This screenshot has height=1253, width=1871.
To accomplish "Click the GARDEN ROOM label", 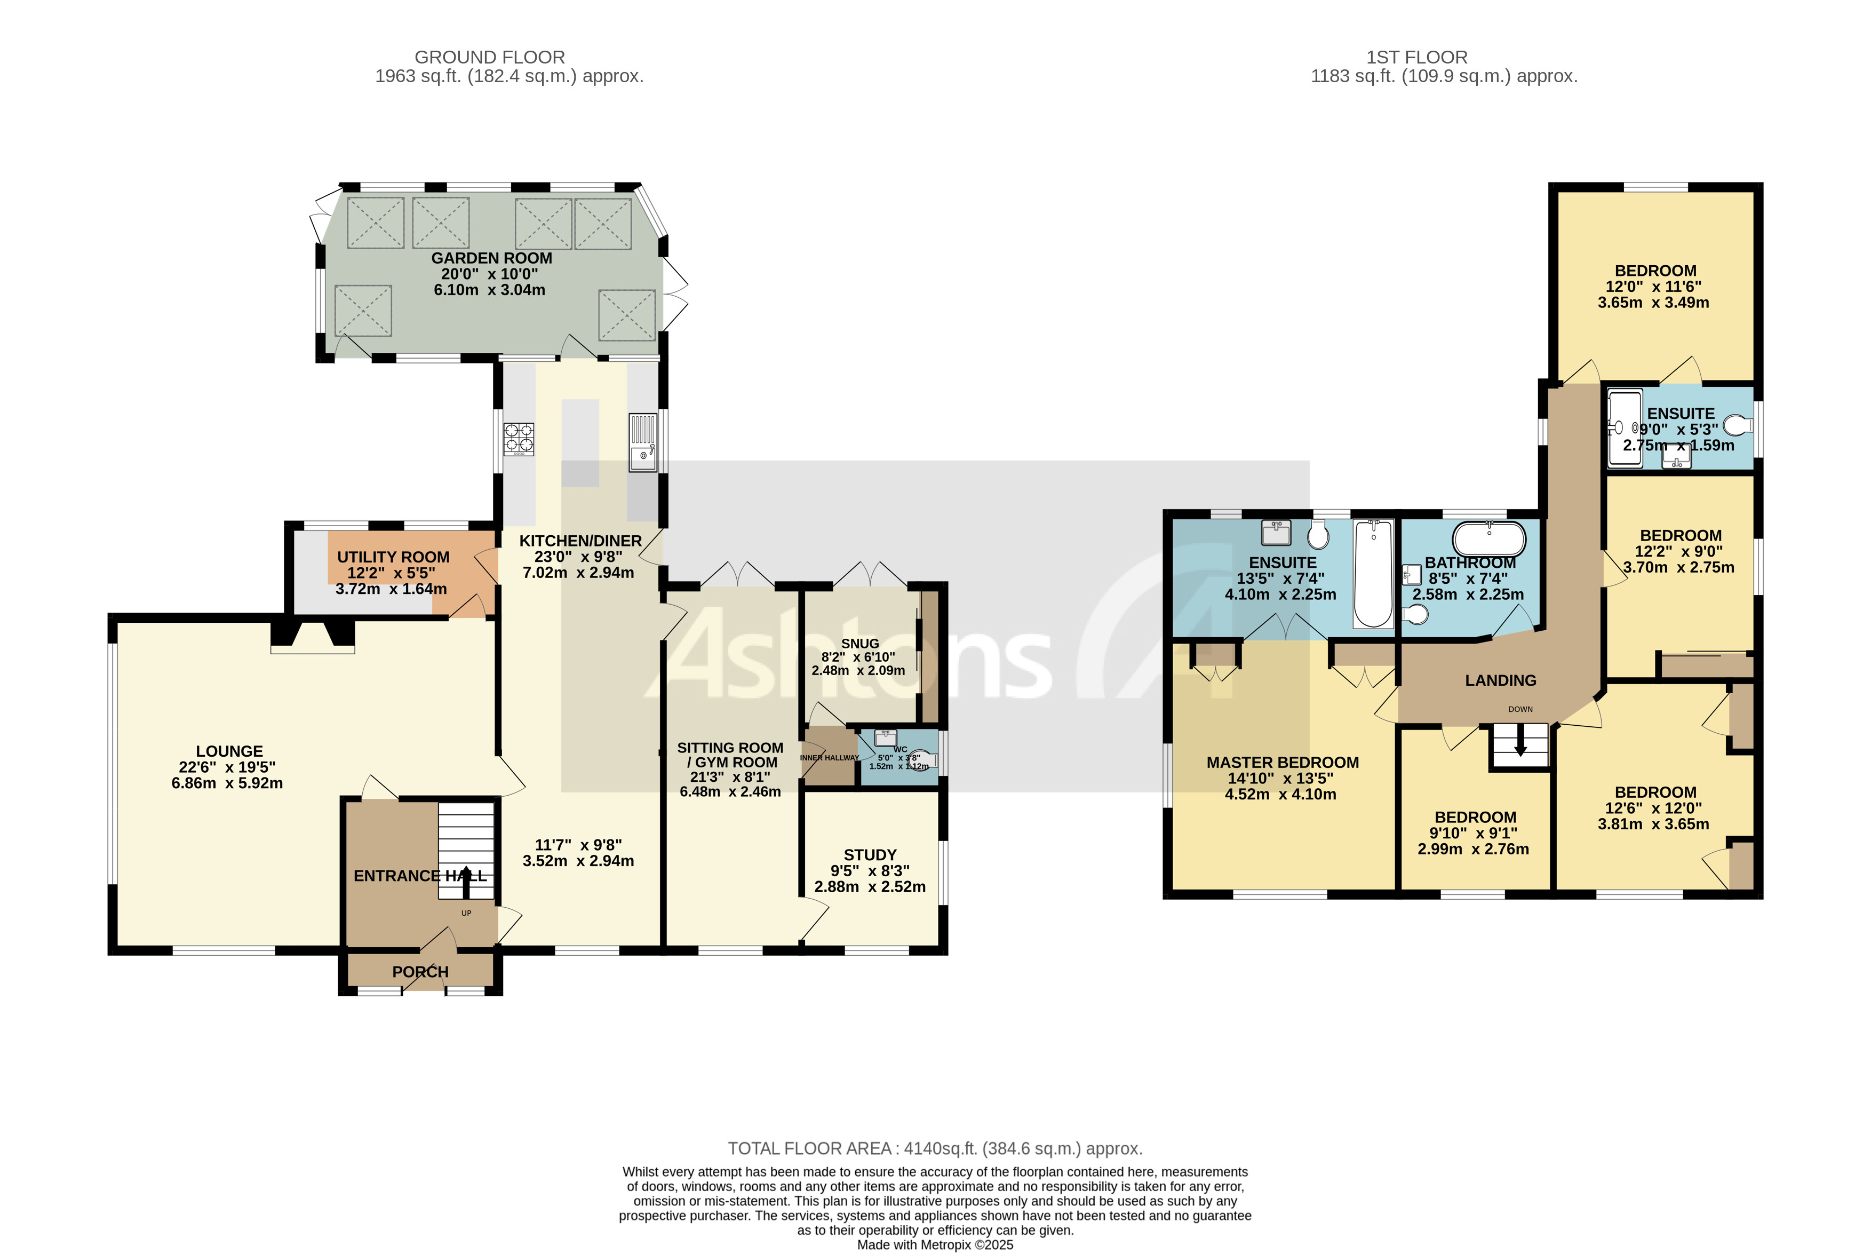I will [x=491, y=258].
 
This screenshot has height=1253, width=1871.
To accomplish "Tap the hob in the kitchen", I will [x=519, y=439].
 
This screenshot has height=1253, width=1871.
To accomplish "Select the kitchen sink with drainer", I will [x=642, y=442].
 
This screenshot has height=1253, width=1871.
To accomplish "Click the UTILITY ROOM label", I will [x=393, y=557].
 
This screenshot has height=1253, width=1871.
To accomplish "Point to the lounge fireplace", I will [x=312, y=638].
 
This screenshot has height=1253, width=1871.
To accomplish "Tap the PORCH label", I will [x=420, y=972].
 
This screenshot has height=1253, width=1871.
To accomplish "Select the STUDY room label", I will [x=870, y=855].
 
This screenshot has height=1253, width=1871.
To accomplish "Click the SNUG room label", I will [x=859, y=643].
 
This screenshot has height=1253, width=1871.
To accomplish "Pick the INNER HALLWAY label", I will [x=829, y=758].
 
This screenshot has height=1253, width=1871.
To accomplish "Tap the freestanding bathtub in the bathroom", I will [x=1488, y=540].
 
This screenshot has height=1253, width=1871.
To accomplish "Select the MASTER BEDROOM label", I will [x=1282, y=763].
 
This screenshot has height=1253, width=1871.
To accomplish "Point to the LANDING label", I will [x=1500, y=681].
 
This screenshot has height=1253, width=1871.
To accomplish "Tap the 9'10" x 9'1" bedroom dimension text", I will [x=1475, y=834].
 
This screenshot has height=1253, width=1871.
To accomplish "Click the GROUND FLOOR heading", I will [x=490, y=58].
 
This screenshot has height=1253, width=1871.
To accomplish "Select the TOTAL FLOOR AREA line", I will [x=935, y=1148].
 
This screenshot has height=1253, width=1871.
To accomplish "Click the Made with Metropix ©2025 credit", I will [x=935, y=1244].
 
